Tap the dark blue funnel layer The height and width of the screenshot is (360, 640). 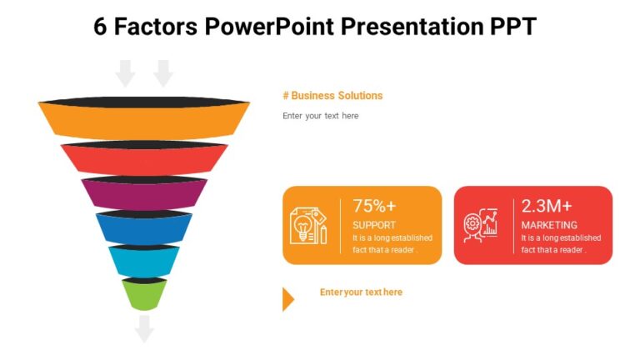click(x=143, y=228)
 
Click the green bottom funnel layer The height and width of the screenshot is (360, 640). click(x=143, y=294)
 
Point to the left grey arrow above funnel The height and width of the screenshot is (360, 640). click(x=125, y=73)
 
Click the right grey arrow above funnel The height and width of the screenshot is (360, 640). click(x=163, y=73)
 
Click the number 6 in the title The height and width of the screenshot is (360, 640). click(x=100, y=27)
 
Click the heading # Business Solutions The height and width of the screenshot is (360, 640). click(x=332, y=96)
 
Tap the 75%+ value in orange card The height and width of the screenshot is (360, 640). click(x=374, y=206)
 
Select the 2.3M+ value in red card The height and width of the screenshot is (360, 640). click(x=547, y=206)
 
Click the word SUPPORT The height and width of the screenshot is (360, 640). click(x=374, y=225)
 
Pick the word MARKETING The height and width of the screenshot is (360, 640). click(x=549, y=225)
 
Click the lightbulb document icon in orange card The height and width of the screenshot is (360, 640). click(x=308, y=225)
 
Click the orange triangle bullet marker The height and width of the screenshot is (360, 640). click(x=288, y=298)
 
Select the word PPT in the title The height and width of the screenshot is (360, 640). click(x=509, y=27)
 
